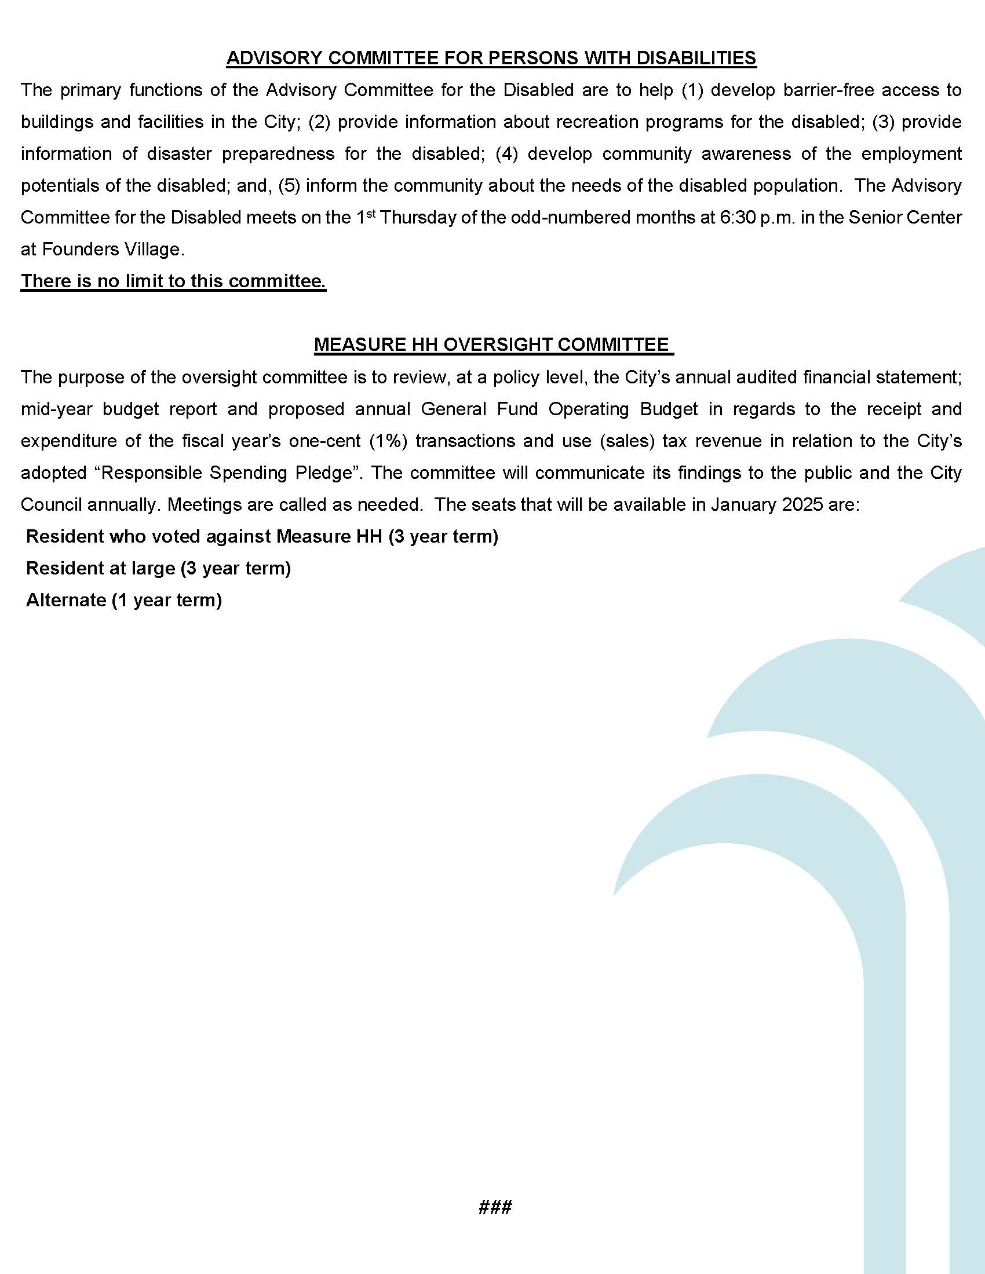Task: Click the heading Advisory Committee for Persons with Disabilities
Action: (491, 58)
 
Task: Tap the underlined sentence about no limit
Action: (173, 281)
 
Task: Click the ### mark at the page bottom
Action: (495, 1207)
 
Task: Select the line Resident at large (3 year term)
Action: (158, 568)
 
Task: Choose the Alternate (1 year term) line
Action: (124, 601)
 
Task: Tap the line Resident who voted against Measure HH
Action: (262, 537)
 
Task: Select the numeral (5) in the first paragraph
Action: (289, 186)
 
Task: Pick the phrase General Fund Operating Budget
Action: (559, 409)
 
